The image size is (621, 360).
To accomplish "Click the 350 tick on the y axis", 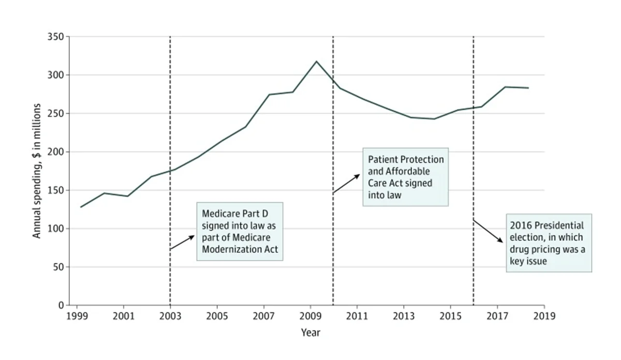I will pyautogui.click(x=56, y=37).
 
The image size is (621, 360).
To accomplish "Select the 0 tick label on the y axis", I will pyautogui.click(x=61, y=305).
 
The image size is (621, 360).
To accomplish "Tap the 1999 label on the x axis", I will pyautogui.click(x=77, y=315).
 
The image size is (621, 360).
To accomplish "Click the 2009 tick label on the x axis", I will pyautogui.click(x=310, y=315).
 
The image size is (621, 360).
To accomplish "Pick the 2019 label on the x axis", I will pyautogui.click(x=544, y=315).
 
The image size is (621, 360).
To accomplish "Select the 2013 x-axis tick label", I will pyautogui.click(x=404, y=315).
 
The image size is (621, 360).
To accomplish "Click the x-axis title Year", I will pyautogui.click(x=310, y=333).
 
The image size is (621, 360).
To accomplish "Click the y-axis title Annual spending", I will pyautogui.click(x=37, y=171).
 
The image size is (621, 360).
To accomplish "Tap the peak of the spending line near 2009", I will pyautogui.click(x=316, y=61).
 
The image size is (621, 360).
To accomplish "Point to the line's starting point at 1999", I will pyautogui.click(x=81, y=207).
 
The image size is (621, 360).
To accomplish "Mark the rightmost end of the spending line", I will pyautogui.click(x=528, y=88).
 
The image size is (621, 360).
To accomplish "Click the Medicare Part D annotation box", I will pyautogui.click(x=240, y=231).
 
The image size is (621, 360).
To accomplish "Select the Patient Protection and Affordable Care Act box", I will pyautogui.click(x=405, y=178).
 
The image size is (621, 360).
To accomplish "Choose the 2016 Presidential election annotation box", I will pyautogui.click(x=549, y=243).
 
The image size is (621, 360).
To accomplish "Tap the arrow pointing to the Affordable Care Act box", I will pyautogui.click(x=346, y=184).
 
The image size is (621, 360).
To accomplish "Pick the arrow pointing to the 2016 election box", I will pyautogui.click(x=487, y=231).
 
